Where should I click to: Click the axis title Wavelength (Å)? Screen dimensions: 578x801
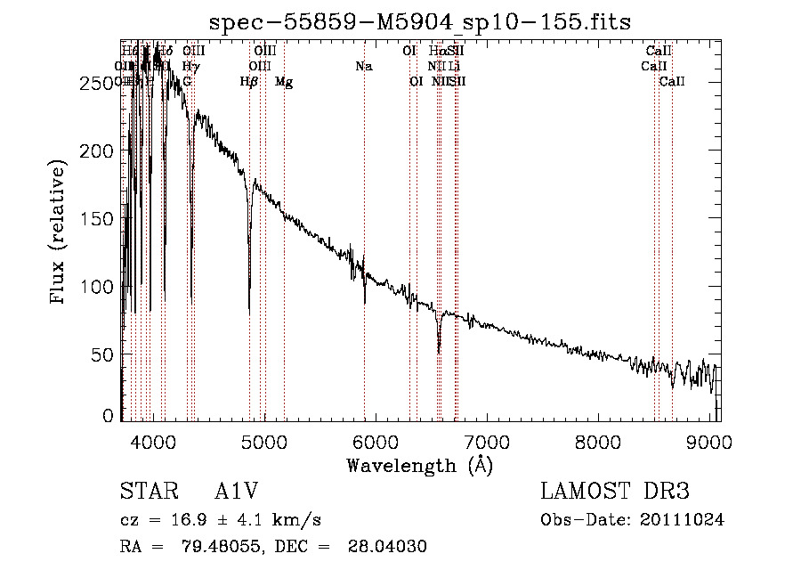coord(420,465)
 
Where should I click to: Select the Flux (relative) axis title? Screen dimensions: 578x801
coord(60,233)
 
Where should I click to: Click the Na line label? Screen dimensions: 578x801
coord(363,66)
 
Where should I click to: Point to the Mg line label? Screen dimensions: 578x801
coord(284,82)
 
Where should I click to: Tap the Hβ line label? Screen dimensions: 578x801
coord(249,82)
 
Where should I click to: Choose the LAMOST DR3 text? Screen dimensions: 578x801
coord(615,493)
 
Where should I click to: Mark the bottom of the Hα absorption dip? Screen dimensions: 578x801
coord(439,351)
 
